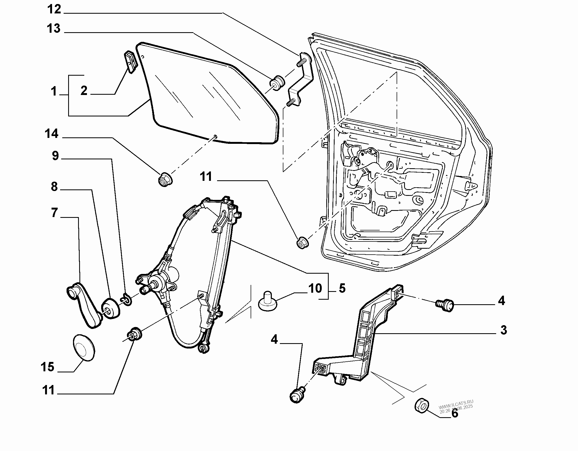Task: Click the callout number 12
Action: pos(54,10)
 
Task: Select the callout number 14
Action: pos(52,134)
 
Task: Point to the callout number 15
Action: pos(47,367)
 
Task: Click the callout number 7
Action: pos(54,213)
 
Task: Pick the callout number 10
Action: pos(315,288)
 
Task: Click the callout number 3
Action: pos(504,330)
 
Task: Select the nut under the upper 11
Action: pos(302,243)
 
